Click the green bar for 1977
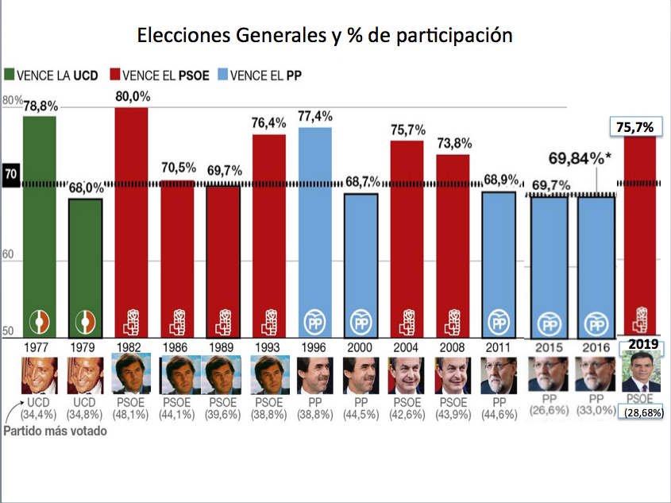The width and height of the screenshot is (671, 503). (39, 226)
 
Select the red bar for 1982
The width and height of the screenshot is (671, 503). (131, 222)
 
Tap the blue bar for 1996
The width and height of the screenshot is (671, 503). (315, 230)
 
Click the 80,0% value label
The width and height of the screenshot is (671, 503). (132, 96)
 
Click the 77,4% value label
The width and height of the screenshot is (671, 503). (315, 116)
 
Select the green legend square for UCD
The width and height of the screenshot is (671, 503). (10, 75)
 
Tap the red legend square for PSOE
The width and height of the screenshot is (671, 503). (116, 75)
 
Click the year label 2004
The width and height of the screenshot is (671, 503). (407, 347)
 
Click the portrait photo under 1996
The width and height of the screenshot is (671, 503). (315, 374)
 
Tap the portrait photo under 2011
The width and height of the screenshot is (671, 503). (498, 374)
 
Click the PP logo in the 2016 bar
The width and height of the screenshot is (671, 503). (594, 323)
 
